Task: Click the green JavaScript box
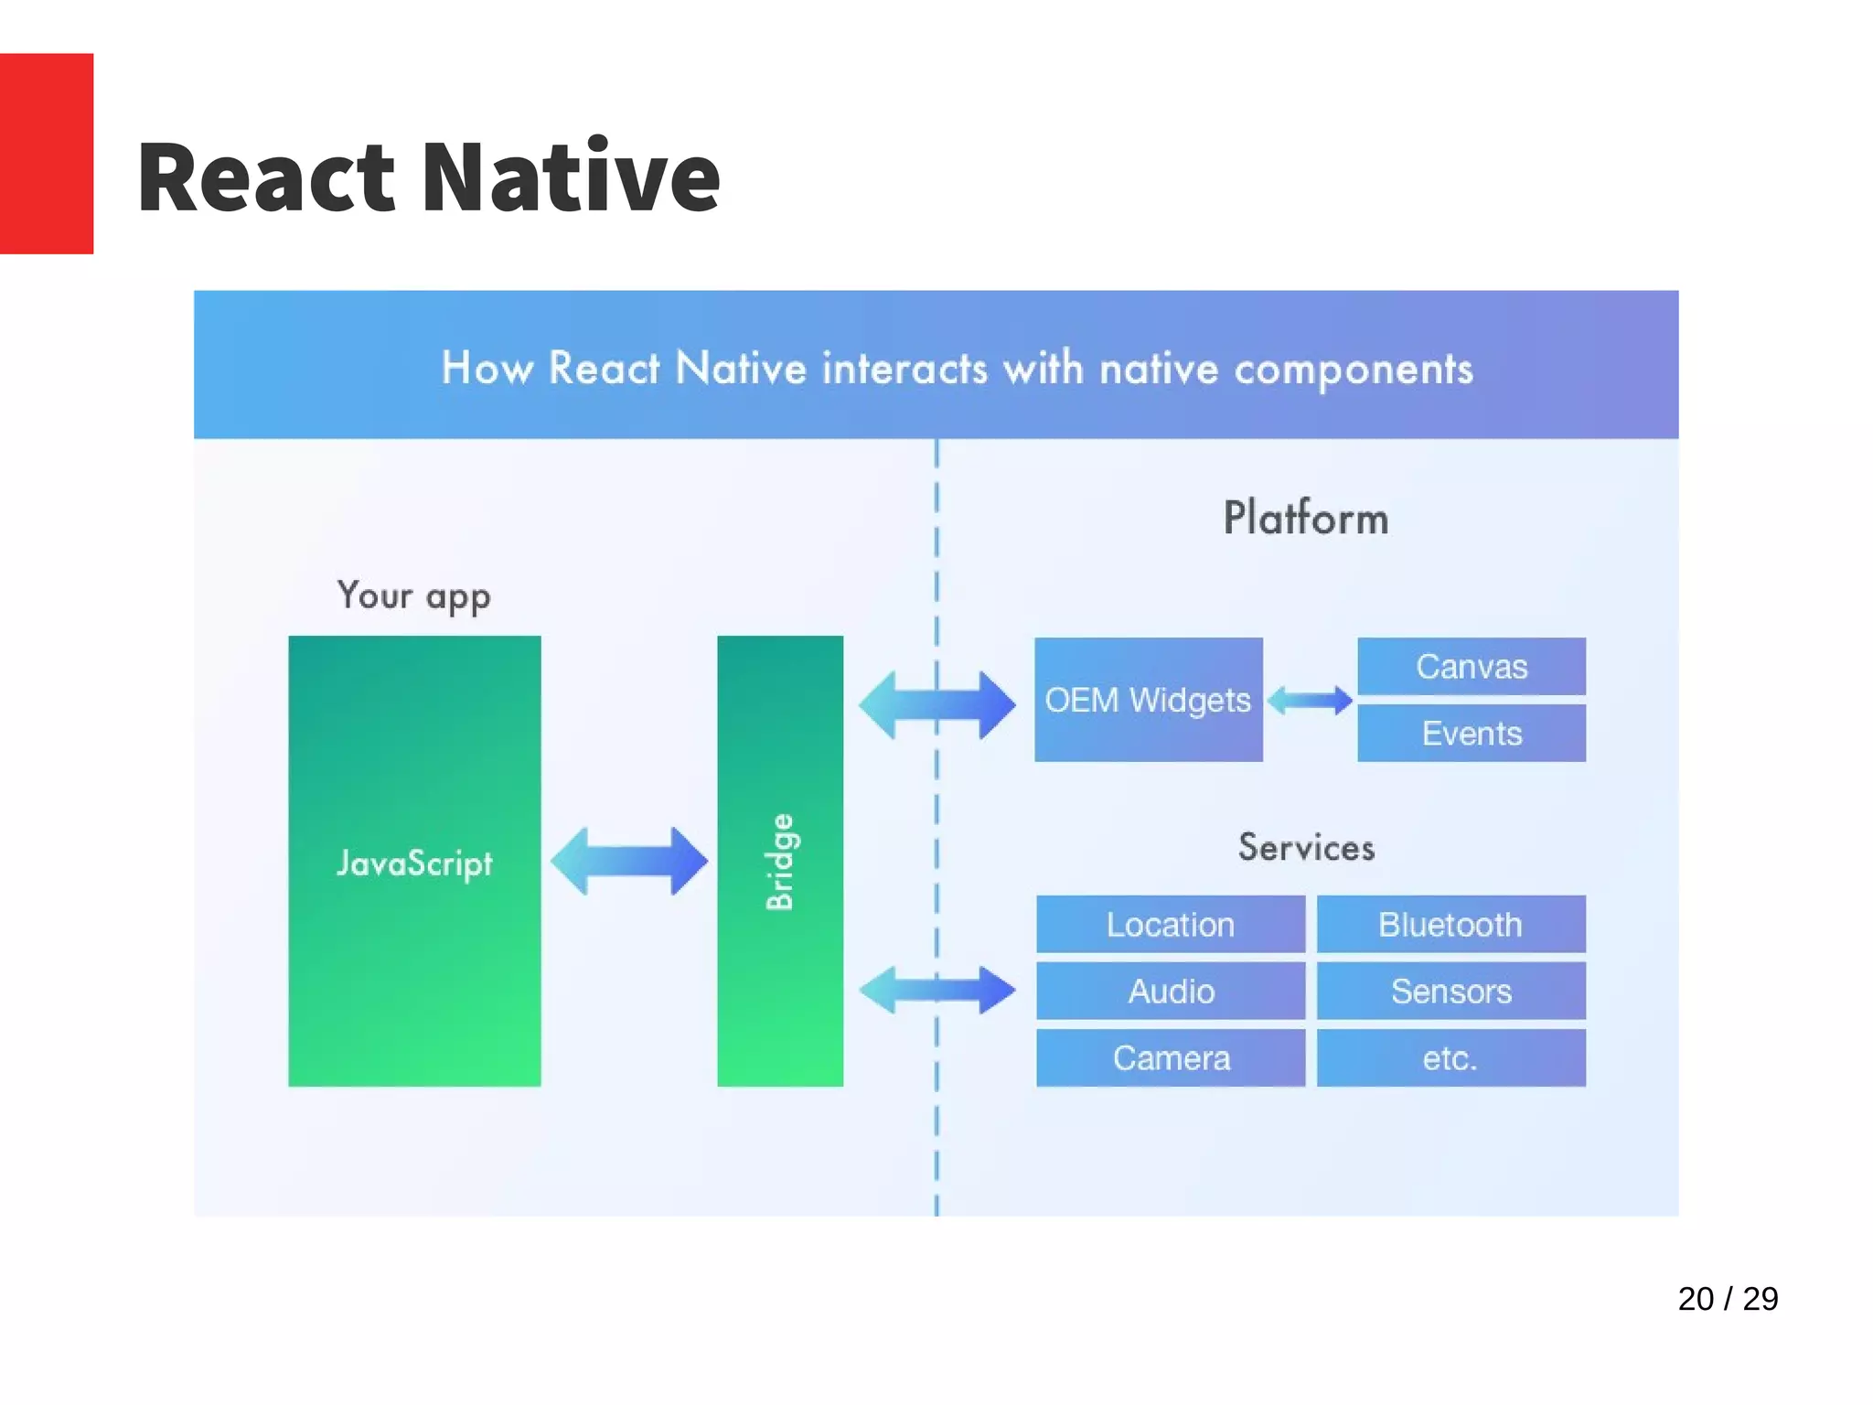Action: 414,861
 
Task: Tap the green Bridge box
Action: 780,861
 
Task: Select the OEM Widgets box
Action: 1148,700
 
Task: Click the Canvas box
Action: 1471,667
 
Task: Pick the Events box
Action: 1471,733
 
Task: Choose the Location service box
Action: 1170,924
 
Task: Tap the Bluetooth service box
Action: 1450,924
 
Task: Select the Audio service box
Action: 1170,991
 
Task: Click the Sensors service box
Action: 1450,991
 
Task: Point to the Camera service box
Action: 1170,1057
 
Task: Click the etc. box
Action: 1450,1057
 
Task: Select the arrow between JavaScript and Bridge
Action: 629,861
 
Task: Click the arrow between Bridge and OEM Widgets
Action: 936,704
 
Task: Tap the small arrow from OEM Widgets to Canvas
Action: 1310,701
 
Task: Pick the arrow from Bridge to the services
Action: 936,990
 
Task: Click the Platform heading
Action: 1306,518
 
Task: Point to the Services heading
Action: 1306,847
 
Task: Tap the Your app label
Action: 414,595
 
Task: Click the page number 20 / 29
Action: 1727,1299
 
